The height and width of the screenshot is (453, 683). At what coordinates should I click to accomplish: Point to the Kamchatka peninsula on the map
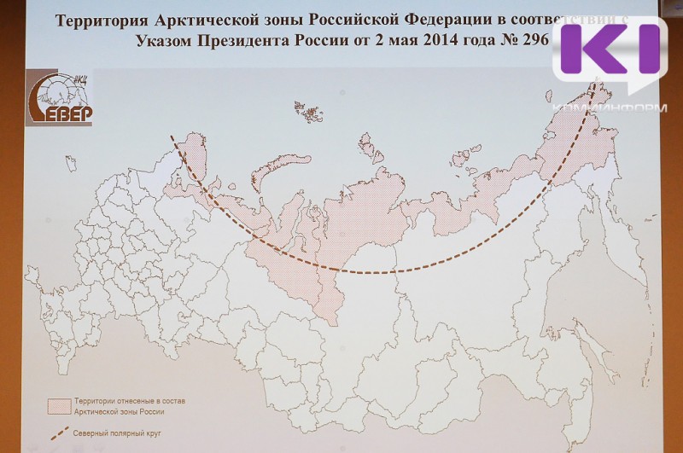636,239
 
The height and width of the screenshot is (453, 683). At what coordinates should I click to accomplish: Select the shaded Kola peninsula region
196,158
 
